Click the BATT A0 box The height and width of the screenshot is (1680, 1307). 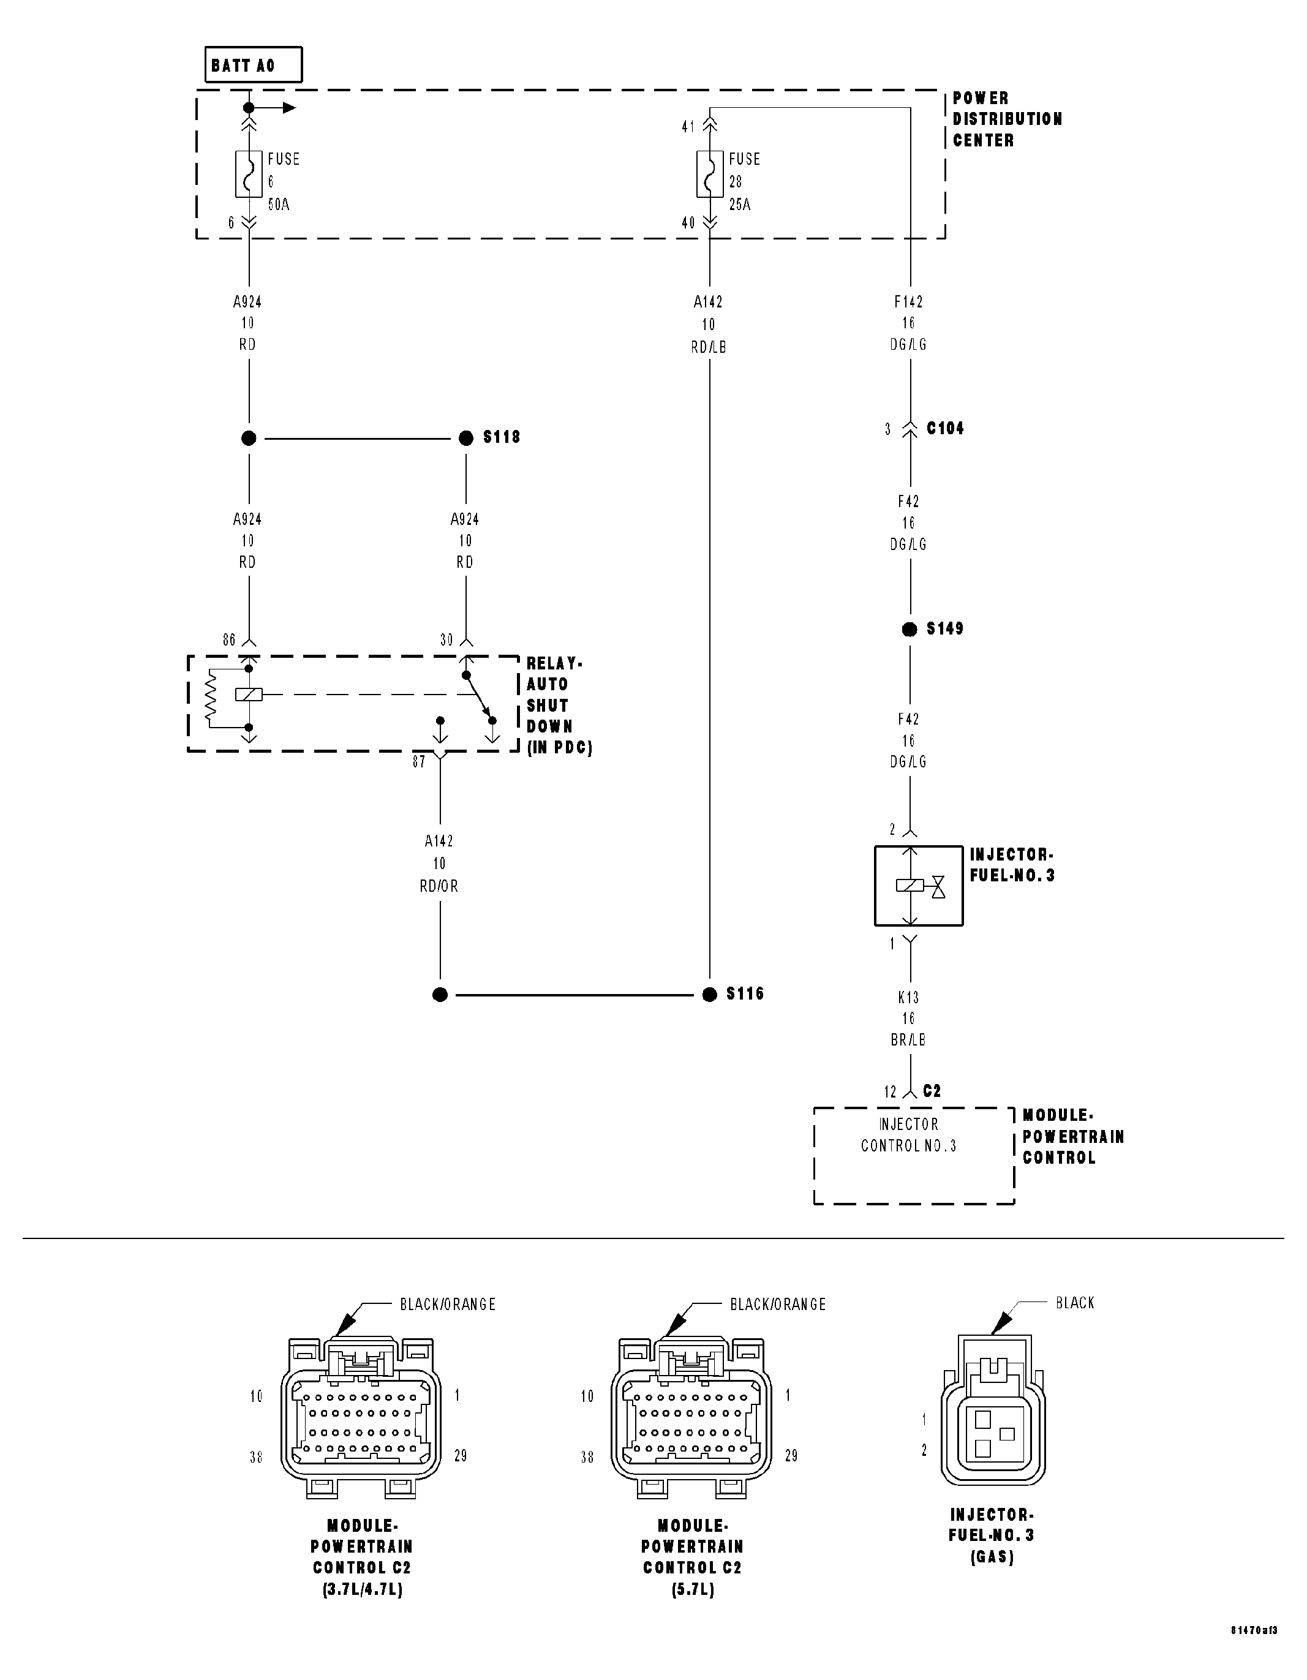coord(253,65)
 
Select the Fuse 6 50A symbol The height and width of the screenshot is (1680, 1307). coord(249,174)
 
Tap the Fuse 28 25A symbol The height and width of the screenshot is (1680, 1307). coord(709,174)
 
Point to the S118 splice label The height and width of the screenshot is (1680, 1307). coord(502,437)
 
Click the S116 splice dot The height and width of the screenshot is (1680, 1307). coord(709,995)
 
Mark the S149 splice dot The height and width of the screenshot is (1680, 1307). coord(910,629)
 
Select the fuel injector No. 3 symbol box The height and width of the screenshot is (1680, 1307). coord(919,886)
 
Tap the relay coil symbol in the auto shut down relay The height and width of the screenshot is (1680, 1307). coord(249,695)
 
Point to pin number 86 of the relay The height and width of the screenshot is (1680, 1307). coord(228,640)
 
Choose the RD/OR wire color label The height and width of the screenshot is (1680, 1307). coord(439,886)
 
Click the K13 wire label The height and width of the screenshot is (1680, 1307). coord(908,998)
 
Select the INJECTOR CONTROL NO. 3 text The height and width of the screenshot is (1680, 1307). coord(908,1135)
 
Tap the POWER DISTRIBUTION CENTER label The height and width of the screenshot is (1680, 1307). coord(1006,119)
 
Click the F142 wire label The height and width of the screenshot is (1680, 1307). coord(908,301)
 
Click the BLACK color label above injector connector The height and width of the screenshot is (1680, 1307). coord(1075,1303)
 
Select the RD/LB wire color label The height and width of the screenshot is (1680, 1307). coord(709,347)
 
